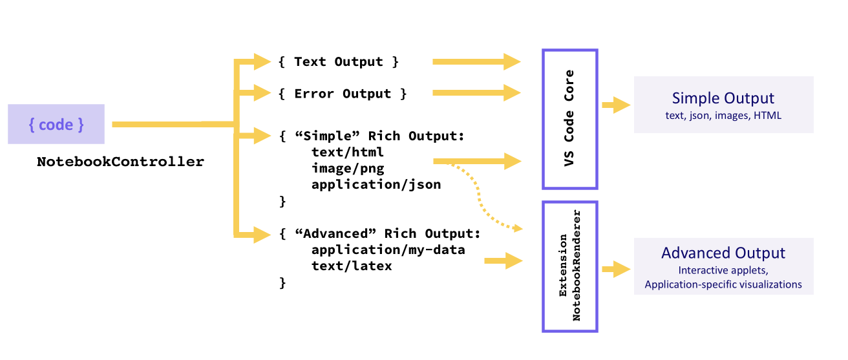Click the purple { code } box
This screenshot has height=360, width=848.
(56, 124)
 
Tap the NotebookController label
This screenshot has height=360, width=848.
(120, 162)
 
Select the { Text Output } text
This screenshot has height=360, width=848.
(339, 62)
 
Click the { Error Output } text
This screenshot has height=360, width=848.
(343, 94)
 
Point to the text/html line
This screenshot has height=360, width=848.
(347, 153)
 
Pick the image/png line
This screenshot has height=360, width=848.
(347, 169)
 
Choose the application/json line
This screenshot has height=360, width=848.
(376, 185)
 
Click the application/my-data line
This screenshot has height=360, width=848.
(388, 249)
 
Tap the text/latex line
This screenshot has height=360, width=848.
(351, 266)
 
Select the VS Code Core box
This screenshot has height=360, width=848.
(569, 119)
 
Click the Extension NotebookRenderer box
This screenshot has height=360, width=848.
(569, 266)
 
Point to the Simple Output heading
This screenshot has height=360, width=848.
(723, 98)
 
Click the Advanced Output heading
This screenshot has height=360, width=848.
(723, 253)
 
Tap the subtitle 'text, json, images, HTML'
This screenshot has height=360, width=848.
(723, 116)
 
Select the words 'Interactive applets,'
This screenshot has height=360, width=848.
(723, 271)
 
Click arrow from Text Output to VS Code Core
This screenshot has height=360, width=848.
(476, 61)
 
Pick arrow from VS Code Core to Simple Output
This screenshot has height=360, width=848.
(616, 105)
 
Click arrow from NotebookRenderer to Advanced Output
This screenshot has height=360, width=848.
(616, 268)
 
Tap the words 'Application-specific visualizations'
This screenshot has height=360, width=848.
(723, 284)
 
